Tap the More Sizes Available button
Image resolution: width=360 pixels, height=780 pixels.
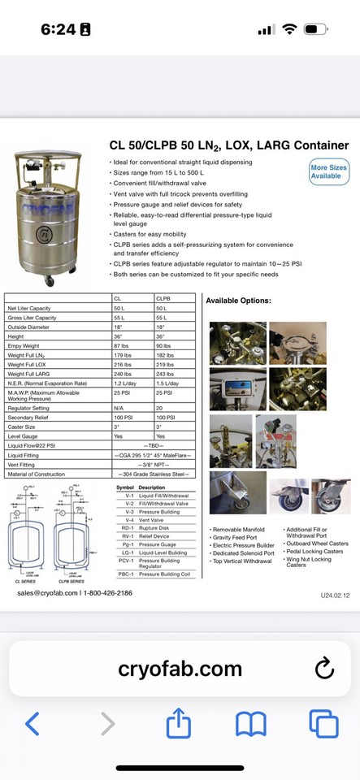pyautogui.click(x=328, y=171)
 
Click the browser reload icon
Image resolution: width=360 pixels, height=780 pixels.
pyautogui.click(x=323, y=668)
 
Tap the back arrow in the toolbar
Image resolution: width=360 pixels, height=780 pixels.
pyautogui.click(x=33, y=723)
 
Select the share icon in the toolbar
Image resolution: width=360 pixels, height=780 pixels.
pyautogui.click(x=179, y=722)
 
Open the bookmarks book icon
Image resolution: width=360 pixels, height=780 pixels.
pyautogui.click(x=251, y=723)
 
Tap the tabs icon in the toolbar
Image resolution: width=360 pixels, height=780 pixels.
pyautogui.click(x=323, y=723)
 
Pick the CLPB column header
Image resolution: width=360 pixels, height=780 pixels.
pyautogui.click(x=163, y=300)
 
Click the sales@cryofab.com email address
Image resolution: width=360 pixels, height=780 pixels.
pyautogui.click(x=48, y=593)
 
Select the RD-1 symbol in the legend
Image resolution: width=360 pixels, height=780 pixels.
pyautogui.click(x=125, y=527)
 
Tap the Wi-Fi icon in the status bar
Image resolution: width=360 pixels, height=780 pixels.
pyautogui.click(x=289, y=29)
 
